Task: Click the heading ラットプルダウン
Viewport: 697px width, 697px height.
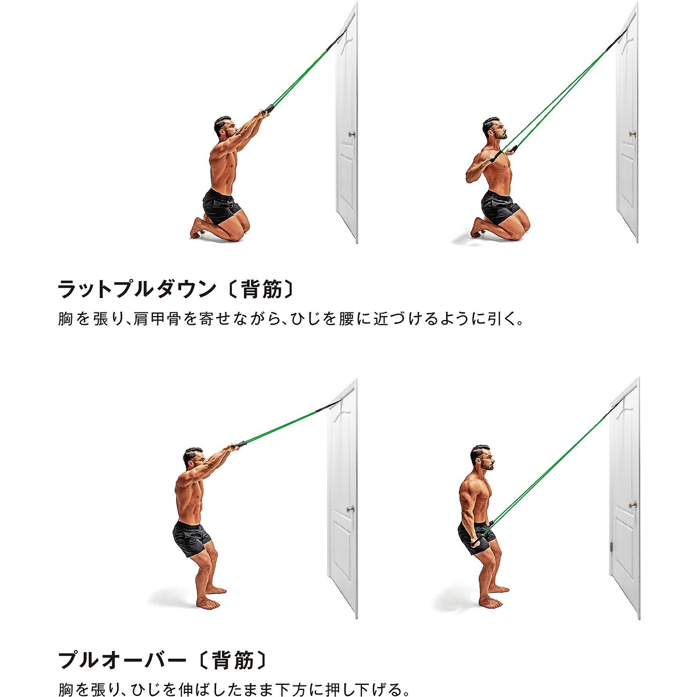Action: click(x=136, y=289)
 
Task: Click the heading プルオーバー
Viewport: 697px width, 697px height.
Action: click(x=122, y=660)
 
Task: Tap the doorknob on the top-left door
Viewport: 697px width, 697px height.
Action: click(x=351, y=134)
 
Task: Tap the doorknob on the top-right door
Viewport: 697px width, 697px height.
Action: click(x=632, y=134)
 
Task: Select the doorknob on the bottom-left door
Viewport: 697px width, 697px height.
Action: click(x=350, y=509)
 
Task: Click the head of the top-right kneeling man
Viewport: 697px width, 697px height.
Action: click(x=491, y=128)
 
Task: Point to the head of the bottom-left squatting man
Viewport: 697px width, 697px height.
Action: click(x=193, y=459)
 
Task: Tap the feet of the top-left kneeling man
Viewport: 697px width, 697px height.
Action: click(x=197, y=229)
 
